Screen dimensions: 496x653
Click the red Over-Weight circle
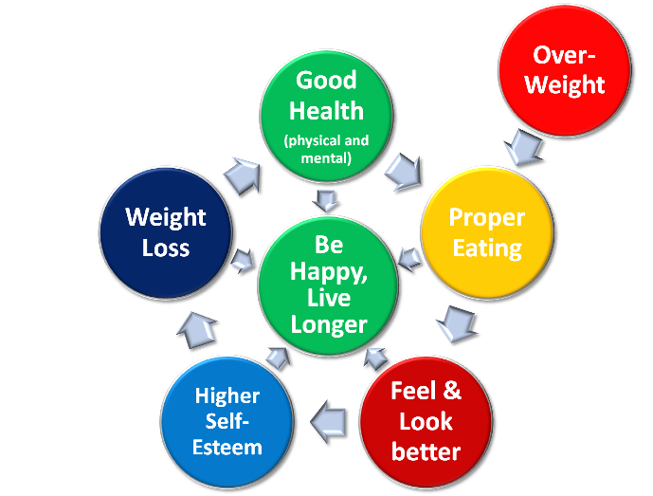point(564,70)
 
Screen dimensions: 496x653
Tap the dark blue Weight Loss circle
point(166,233)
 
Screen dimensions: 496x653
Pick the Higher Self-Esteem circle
point(228,419)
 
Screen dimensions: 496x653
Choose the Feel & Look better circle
point(426,421)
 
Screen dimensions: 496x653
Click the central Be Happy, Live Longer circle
point(328,285)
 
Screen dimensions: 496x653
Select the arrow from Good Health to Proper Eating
point(405,171)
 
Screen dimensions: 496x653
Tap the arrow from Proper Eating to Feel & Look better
point(456,322)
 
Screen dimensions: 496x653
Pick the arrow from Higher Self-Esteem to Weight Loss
point(196,327)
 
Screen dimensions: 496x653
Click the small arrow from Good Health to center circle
point(327,199)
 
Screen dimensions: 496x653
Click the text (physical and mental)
point(326,150)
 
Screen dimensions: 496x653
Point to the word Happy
point(328,272)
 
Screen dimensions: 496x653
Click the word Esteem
point(228,446)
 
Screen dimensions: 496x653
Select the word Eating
point(486,248)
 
